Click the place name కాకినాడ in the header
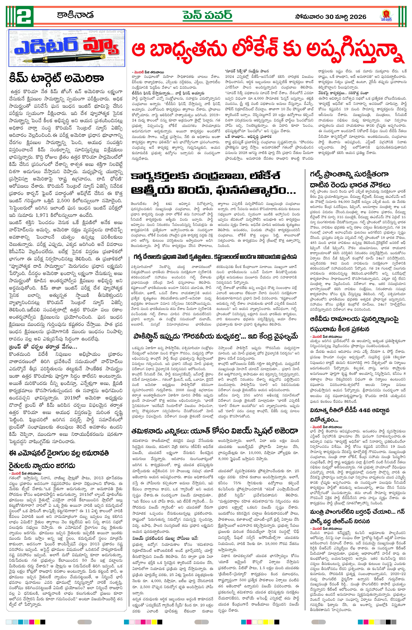tap(75, 15)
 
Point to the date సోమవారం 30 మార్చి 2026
tap(330, 17)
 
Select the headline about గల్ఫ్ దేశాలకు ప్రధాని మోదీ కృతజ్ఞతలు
tap(215, 257)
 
